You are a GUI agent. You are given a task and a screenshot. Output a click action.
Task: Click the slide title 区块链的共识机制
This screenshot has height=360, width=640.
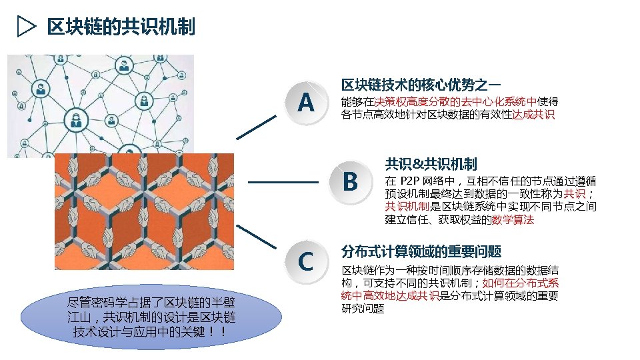click(121, 27)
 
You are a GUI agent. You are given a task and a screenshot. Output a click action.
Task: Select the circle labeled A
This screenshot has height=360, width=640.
click(306, 103)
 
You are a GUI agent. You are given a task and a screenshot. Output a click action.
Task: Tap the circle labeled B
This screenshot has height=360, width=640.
click(349, 181)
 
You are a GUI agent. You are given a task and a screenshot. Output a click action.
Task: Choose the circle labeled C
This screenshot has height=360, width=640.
click(306, 262)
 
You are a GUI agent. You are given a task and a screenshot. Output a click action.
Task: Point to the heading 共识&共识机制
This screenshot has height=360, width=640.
click(431, 163)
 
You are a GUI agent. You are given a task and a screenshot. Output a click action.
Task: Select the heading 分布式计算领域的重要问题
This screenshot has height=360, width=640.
click(421, 251)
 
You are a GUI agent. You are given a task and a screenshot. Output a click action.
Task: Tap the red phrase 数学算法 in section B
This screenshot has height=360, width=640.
click(513, 219)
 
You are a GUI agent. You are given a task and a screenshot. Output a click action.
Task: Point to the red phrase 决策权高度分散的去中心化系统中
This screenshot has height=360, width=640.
click(455, 102)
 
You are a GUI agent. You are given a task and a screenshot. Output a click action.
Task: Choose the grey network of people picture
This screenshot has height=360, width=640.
click(100, 100)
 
